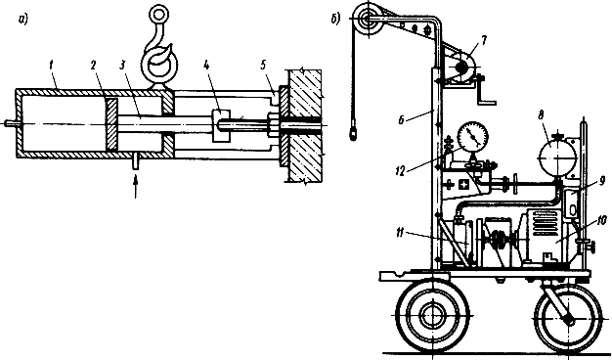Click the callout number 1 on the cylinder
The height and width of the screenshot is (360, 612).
[x=51, y=66]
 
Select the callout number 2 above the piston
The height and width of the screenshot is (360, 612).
[x=93, y=66]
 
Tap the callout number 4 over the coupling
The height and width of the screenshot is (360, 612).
[x=206, y=66]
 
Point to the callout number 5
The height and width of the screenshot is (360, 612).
[x=264, y=66]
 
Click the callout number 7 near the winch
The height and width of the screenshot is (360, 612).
[x=484, y=41]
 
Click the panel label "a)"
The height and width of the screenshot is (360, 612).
[x=22, y=20]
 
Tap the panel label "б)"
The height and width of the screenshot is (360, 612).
[x=335, y=19]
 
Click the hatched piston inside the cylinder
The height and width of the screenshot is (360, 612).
[x=111, y=124]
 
